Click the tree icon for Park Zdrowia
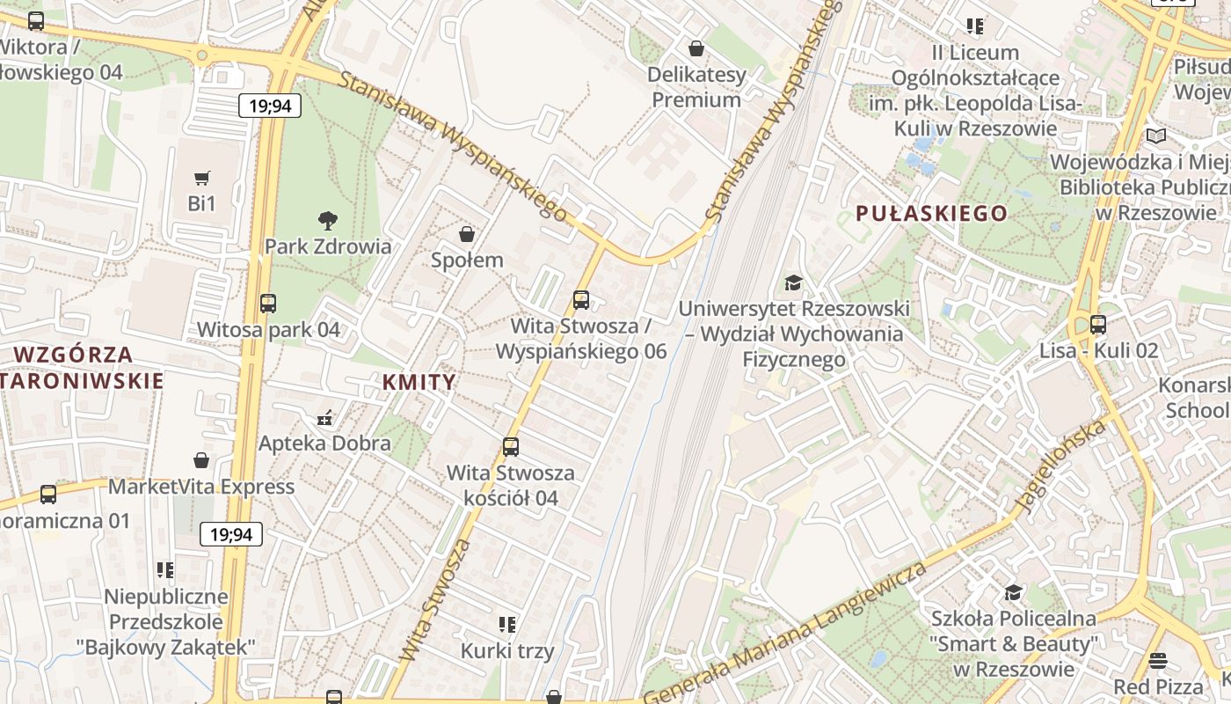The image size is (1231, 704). (x=328, y=220)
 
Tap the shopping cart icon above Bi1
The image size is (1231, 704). (x=202, y=179)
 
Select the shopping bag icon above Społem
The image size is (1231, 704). (x=467, y=234)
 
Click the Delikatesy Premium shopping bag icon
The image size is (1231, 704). (x=696, y=48)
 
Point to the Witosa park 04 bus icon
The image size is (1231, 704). (x=268, y=304)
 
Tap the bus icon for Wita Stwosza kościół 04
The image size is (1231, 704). (x=511, y=447)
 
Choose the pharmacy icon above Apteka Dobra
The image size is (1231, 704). (x=324, y=417)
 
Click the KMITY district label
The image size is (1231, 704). (x=419, y=382)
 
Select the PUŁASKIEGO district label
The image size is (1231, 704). (x=931, y=213)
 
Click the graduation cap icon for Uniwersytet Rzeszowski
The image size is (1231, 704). (x=794, y=282)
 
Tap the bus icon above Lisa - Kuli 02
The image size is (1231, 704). (x=1098, y=325)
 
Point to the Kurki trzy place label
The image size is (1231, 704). (x=507, y=651)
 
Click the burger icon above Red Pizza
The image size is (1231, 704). (x=1158, y=660)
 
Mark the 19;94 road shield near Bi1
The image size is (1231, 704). (x=270, y=106)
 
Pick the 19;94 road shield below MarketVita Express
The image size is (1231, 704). (x=231, y=534)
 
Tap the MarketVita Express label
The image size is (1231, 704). (x=201, y=487)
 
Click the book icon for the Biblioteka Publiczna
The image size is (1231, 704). (x=1156, y=136)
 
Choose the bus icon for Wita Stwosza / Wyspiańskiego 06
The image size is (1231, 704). (x=581, y=300)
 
